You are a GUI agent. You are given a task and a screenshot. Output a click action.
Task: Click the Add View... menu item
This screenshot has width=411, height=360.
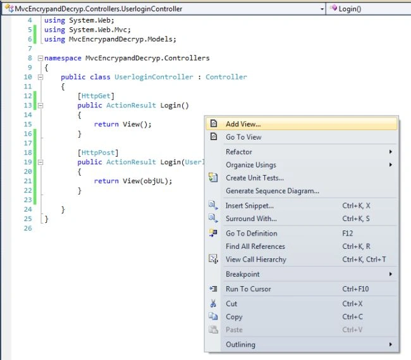243,124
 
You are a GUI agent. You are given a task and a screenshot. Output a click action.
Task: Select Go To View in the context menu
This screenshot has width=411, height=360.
243,137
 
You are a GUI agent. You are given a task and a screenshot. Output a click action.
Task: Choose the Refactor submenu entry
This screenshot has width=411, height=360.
239,152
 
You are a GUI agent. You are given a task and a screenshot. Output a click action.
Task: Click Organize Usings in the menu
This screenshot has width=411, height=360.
251,165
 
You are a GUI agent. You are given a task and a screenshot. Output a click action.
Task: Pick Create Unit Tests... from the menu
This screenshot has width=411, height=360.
255,178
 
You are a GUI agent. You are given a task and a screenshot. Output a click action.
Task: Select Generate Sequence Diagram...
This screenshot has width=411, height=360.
273,191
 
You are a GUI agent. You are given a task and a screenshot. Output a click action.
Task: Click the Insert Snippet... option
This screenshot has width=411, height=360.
250,206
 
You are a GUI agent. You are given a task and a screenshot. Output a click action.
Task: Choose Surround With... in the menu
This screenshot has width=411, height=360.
251,219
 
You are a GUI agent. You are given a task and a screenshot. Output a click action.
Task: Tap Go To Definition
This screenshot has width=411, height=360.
252,234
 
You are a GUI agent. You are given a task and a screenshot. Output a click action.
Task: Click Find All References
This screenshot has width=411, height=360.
255,246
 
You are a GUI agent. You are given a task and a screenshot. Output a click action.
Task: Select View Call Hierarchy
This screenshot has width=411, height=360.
256,260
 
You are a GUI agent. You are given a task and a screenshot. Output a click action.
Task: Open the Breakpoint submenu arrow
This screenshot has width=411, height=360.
391,274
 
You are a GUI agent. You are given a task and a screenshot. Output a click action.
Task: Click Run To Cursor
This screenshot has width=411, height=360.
248,289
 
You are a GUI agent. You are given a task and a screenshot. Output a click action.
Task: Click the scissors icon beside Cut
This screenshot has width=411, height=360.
213,303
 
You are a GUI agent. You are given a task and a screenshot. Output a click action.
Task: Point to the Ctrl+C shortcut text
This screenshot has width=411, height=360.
353,317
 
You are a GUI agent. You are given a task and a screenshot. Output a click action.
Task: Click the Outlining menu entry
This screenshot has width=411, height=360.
240,345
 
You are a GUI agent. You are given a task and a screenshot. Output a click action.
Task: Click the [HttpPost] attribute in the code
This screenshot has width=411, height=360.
98,153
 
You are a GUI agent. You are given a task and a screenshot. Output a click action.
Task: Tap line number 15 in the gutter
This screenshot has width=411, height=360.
28,124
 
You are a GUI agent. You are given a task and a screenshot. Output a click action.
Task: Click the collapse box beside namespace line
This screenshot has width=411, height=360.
40,58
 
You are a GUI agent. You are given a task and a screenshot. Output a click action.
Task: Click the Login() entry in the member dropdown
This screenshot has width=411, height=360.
350,9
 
